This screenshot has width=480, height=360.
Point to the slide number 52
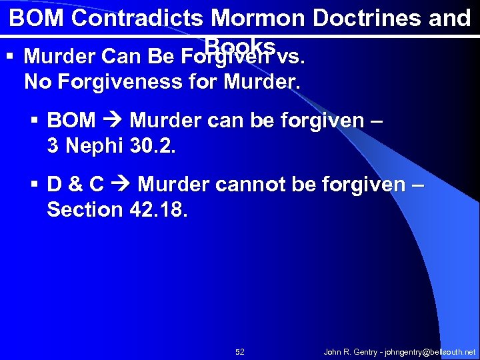click(x=240, y=351)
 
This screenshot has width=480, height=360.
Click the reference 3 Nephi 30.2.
click(x=111, y=145)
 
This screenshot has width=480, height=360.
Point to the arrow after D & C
click(x=120, y=185)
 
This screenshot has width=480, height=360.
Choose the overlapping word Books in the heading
click(x=241, y=45)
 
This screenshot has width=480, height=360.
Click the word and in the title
click(x=450, y=19)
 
